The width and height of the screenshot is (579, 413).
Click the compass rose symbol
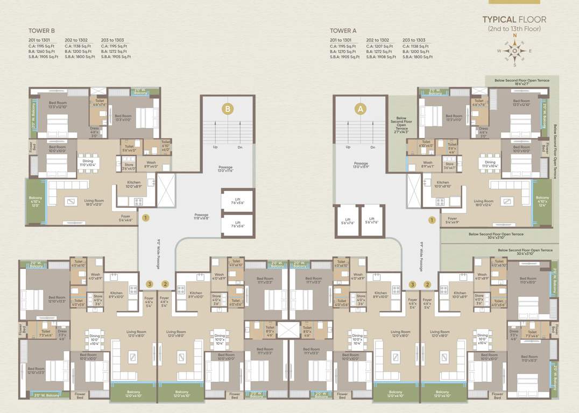pos(514,51)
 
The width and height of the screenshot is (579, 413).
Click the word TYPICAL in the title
pos(500,19)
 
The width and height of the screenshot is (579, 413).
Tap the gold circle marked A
pos(360,109)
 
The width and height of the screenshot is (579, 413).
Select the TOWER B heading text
pos(41,31)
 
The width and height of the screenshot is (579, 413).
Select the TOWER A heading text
pos(343,31)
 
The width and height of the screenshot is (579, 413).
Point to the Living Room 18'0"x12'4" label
pos(483,203)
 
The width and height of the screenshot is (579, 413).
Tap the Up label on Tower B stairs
pos(215,147)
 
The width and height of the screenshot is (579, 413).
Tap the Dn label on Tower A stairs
pos(372,147)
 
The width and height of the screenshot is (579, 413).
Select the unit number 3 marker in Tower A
pos(413,284)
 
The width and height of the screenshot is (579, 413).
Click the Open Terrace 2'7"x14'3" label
pos(401,124)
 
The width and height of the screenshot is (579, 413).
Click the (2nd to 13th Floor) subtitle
pos(514,29)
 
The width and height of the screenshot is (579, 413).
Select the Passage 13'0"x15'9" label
pos(361,165)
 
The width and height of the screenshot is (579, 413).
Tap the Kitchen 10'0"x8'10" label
pos(442,184)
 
